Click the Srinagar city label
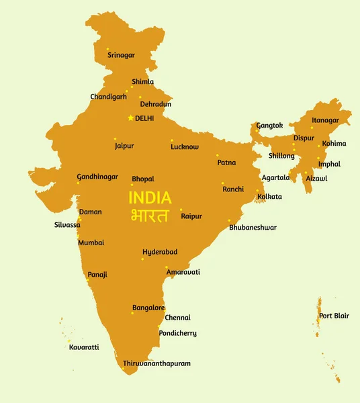point(121,55)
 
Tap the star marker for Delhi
point(130,118)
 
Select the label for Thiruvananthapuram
point(156,363)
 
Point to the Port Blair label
point(334,316)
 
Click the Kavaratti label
point(84,347)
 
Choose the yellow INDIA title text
point(150,198)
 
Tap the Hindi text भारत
point(150,216)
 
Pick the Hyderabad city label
point(160,252)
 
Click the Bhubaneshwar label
point(253,228)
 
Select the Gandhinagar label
point(97,177)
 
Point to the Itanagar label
point(330,121)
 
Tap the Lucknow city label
point(185,146)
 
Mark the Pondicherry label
point(177,333)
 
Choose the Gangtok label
point(270,126)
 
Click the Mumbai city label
point(91,242)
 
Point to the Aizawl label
point(316,178)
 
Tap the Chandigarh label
point(108,97)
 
